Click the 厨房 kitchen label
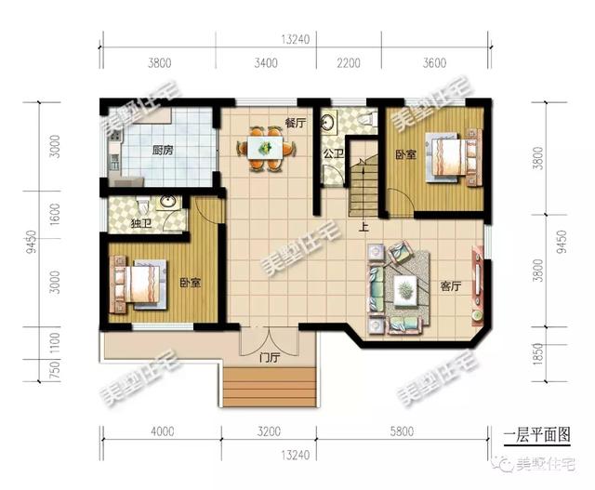tap(163, 151)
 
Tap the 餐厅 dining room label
tap(296, 123)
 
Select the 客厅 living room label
tap(450, 286)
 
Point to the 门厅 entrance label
tap(270, 358)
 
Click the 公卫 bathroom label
tap(334, 153)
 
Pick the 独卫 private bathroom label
tap(141, 223)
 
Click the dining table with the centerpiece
tap(266, 148)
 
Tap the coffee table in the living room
tap(405, 290)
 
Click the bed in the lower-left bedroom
tap(139, 284)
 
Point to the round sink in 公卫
tap(326, 122)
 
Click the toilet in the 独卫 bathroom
tap(142, 205)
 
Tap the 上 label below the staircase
tap(364, 227)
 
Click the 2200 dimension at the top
tap(349, 62)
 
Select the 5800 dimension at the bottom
tap(402, 431)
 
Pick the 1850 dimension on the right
tap(538, 354)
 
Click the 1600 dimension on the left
tap(56, 215)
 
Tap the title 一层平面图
tap(537, 435)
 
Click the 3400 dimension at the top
tap(266, 62)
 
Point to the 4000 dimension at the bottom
tap(163, 431)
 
